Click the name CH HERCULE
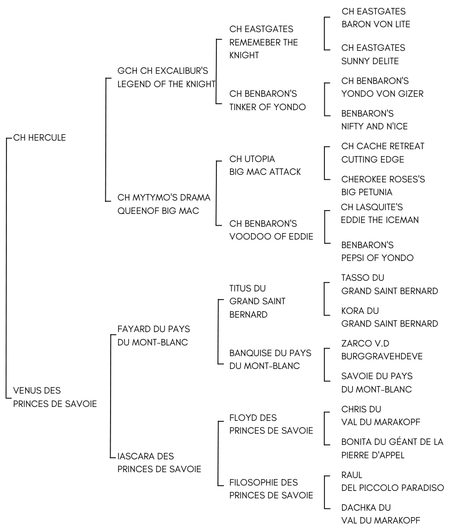click(x=40, y=137)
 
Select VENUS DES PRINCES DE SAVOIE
click(x=55, y=397)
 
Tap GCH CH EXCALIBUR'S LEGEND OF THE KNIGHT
click(x=166, y=77)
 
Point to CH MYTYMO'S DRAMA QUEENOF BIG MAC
click(x=164, y=204)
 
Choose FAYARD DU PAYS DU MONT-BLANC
click(x=153, y=336)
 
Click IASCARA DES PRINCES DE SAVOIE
click(x=159, y=463)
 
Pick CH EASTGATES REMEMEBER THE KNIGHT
click(x=263, y=42)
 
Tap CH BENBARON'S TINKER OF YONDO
click(x=267, y=100)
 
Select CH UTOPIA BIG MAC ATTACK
click(x=265, y=165)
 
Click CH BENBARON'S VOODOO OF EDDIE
click(x=271, y=230)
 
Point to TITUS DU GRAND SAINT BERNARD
click(x=257, y=302)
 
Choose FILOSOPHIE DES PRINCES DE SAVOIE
click(x=271, y=489)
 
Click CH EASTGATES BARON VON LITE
click(x=376, y=18)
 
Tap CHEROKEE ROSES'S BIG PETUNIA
click(x=383, y=186)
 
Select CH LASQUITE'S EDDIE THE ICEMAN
click(x=379, y=213)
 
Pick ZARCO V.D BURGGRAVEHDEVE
click(x=382, y=350)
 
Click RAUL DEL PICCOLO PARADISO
click(x=392, y=481)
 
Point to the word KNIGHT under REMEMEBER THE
click(x=244, y=55)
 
